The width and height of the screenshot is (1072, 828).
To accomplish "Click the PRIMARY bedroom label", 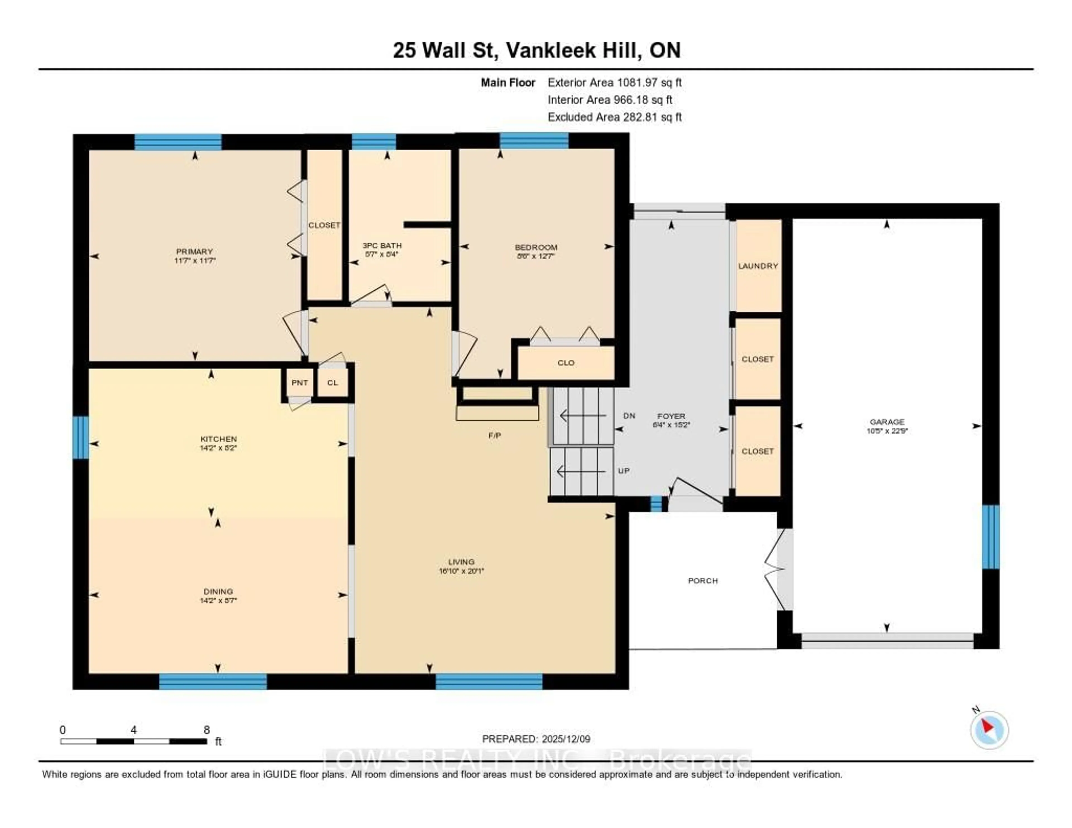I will click(x=194, y=251).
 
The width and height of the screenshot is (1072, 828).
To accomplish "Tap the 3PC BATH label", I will click(x=382, y=245).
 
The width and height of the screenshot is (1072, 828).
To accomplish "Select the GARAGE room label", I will click(x=886, y=422).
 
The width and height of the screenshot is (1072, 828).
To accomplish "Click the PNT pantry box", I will click(x=300, y=383).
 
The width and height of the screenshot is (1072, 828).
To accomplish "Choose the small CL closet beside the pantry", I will click(x=332, y=383).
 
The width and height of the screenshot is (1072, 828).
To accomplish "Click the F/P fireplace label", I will click(x=494, y=435).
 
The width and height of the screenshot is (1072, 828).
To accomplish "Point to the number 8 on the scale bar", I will click(x=207, y=730).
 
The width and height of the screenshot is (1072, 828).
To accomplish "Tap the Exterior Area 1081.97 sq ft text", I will click(x=614, y=82).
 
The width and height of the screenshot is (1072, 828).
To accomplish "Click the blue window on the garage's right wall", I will click(x=990, y=537).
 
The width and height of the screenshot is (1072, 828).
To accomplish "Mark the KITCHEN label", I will click(x=218, y=439).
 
